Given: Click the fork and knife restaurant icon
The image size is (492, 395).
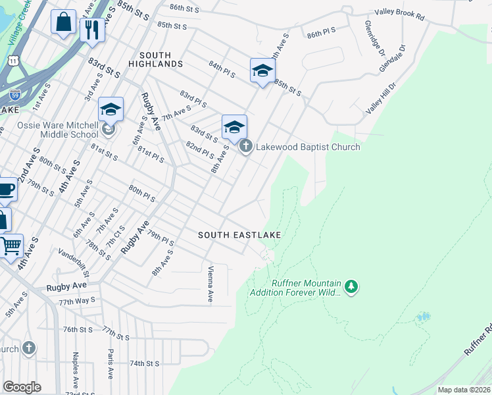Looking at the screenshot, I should click(92, 29).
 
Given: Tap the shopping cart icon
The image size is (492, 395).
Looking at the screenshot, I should click(11, 246).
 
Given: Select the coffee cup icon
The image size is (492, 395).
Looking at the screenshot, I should click(6, 190).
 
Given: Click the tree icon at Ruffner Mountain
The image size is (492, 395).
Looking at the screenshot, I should click(352, 286).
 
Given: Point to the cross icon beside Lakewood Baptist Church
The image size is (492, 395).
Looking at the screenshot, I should click(245, 146).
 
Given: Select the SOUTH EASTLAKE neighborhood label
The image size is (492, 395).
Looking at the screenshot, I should click(239, 235).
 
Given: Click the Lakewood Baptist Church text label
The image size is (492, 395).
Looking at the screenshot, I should click(308, 147).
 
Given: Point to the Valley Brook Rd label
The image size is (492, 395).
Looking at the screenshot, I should click(400, 13).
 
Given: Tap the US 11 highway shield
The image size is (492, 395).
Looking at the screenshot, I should click(12, 60).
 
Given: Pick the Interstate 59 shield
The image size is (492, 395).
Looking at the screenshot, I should click(16, 94).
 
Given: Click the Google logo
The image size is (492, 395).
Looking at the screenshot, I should click(22, 387).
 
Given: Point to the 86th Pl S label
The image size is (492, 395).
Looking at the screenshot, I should click(320, 30).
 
